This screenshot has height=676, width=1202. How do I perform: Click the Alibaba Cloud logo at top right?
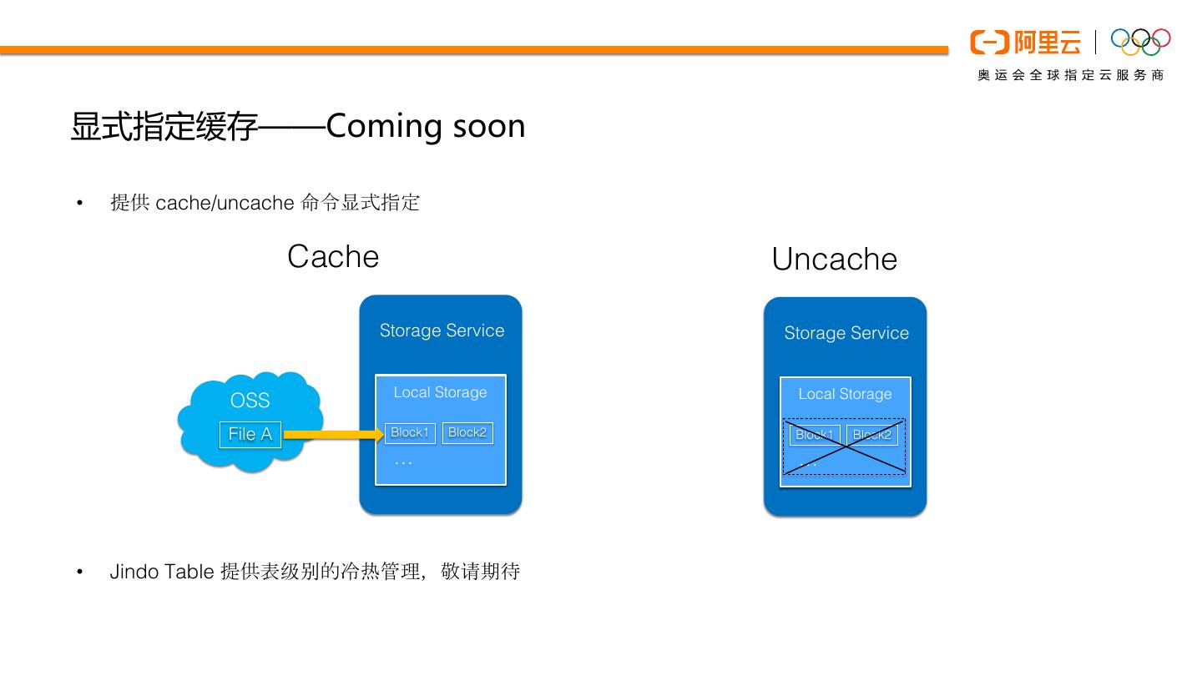[x=1025, y=42]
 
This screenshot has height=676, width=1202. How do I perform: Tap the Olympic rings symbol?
[x=1140, y=41]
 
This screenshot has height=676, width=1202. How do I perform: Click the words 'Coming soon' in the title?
[x=426, y=126]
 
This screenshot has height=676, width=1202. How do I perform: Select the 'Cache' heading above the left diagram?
[x=333, y=256]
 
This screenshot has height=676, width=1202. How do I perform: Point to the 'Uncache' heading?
[x=834, y=259]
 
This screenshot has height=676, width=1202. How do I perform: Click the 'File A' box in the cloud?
[x=250, y=434]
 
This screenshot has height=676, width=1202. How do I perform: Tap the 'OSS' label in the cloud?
[x=250, y=401]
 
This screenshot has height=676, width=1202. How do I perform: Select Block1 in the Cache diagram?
[x=410, y=432]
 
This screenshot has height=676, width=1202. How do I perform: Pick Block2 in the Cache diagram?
[x=467, y=432]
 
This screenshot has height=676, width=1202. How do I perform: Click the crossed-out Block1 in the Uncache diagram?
[x=815, y=435]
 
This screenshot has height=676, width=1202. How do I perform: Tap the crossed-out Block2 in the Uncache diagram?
[x=871, y=435]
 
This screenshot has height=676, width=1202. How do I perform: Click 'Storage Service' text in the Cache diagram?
[x=442, y=330]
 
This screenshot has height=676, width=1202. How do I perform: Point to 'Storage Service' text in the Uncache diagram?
[x=846, y=333]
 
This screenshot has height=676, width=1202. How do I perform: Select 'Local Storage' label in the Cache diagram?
[x=440, y=392]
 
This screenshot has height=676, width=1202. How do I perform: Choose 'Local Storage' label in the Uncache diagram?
[x=845, y=394]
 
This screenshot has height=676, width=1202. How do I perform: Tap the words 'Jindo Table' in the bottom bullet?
[x=162, y=572]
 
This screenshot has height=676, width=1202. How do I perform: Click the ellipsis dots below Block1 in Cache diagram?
[x=403, y=462]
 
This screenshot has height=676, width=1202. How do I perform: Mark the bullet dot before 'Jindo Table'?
[x=80, y=572]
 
